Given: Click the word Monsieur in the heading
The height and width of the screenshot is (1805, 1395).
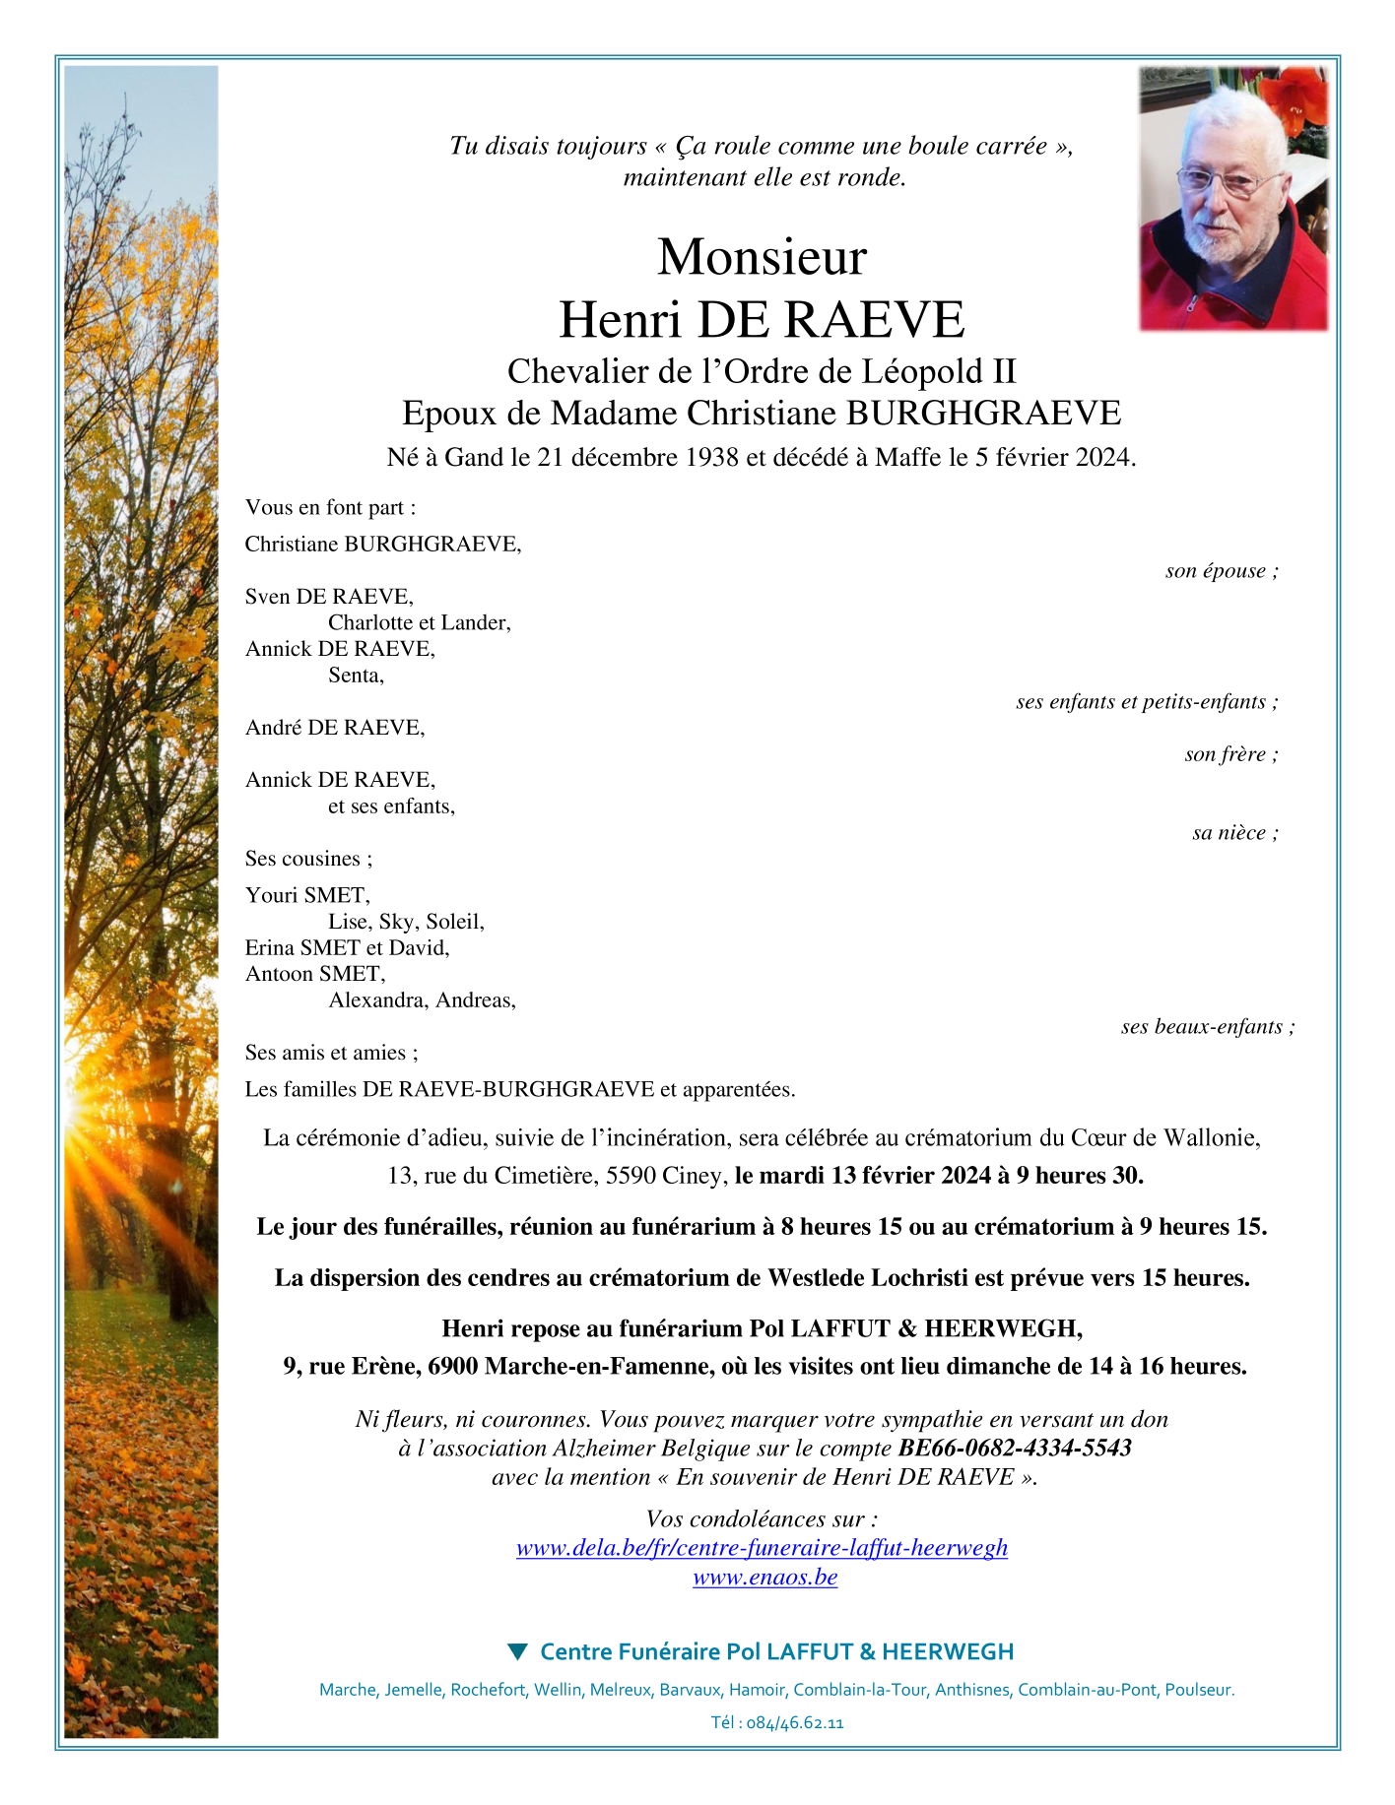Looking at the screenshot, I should coord(762,258).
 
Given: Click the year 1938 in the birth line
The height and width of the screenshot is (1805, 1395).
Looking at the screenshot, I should coord(711,458).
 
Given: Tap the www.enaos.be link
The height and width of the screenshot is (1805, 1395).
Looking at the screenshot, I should coord(764,1577).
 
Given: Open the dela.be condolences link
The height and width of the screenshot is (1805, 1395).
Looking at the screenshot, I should coord(762,1547).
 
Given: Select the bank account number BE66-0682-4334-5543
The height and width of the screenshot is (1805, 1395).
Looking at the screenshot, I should coord(1015,1448).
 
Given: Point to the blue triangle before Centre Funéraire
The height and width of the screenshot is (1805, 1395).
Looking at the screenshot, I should coord(516,1651).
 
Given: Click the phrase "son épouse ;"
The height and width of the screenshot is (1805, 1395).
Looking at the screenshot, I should coord(1222,571).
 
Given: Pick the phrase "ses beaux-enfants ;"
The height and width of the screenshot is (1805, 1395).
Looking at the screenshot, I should coord(1208,1027).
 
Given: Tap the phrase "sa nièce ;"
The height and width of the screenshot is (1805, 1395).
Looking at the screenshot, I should coord(1235,833).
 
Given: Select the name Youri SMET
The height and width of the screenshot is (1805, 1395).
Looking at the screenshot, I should coord(306,895).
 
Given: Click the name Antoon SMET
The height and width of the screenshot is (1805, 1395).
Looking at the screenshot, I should coord(314,974).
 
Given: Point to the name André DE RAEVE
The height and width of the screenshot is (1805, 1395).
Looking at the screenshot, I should coord(334,728).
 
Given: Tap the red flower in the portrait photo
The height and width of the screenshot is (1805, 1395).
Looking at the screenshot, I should coord(1295,97).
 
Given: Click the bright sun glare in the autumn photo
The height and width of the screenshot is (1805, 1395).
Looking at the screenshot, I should coord(83,1118).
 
